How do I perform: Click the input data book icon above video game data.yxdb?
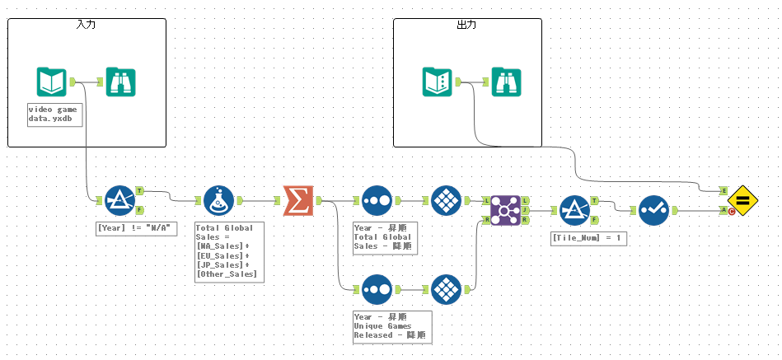click(51, 82)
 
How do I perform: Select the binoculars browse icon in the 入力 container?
click(120, 82)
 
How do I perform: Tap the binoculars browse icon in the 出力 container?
click(506, 82)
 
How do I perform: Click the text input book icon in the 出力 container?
click(437, 82)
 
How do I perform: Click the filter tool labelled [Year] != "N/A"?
click(119, 200)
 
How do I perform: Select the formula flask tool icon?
click(218, 200)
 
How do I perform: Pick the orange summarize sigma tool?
click(297, 200)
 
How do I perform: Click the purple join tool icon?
click(504, 210)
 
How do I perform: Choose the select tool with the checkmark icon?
click(653, 210)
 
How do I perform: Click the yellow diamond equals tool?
click(742, 200)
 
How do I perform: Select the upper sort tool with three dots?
click(377, 200)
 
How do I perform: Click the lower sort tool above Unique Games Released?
click(377, 289)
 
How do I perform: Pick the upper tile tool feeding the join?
click(445, 200)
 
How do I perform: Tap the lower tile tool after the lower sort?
click(445, 289)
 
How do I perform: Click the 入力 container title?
click(86, 25)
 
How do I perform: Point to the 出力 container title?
click(466, 25)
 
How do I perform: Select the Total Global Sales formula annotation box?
click(228, 251)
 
